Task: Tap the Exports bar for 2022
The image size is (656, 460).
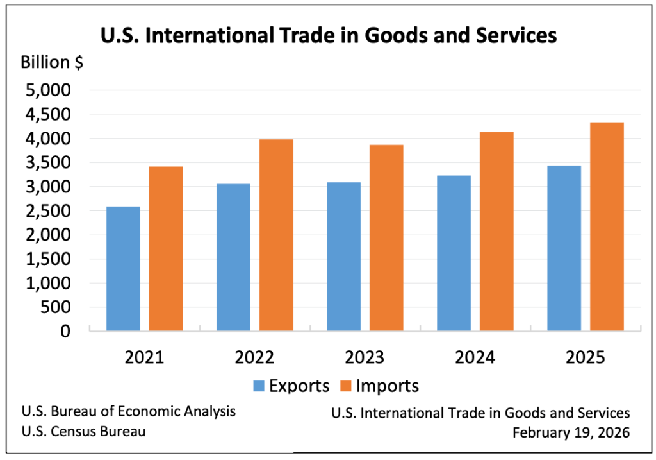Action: tap(233, 257)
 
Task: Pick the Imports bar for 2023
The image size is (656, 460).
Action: tap(386, 237)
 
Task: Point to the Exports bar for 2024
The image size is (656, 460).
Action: tap(454, 253)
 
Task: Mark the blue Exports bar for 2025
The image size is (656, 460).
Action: tap(564, 248)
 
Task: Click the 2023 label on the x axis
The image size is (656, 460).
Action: tap(365, 357)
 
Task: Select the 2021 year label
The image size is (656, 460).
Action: tap(144, 357)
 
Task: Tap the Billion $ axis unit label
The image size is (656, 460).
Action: tap(51, 63)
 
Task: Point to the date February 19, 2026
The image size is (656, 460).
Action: tap(571, 432)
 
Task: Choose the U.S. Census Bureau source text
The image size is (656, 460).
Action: tap(83, 431)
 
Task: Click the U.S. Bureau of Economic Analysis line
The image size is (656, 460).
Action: tap(128, 411)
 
